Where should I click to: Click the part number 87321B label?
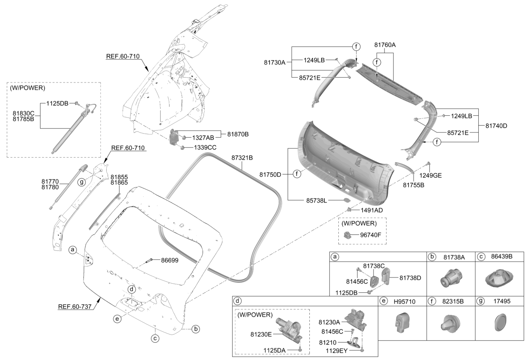point(242,158)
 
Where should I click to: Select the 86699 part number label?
point(170,260)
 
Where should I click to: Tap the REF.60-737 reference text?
point(75,307)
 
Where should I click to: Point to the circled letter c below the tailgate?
point(154,338)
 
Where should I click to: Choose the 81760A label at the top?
point(385,45)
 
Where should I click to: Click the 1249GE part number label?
point(431,176)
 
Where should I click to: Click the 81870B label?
point(238,134)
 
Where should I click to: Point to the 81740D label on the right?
point(496,126)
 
